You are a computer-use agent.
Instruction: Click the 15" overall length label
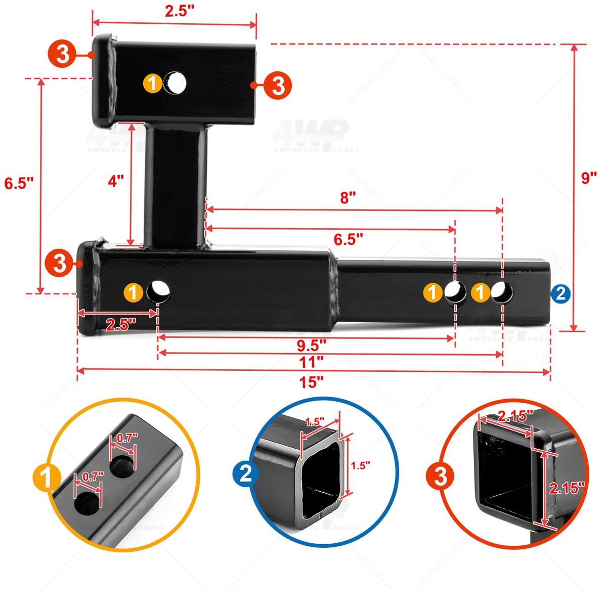[x=311, y=382]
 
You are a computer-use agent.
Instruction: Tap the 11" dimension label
[x=311, y=362]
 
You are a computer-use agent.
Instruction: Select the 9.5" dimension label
[x=311, y=346]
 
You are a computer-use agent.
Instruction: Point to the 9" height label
[x=589, y=178]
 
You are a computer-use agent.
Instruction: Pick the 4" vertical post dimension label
[x=116, y=181]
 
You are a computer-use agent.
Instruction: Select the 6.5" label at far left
[x=19, y=183]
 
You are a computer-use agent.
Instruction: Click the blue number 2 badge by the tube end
[x=560, y=293]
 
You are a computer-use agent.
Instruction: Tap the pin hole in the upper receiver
[x=175, y=82]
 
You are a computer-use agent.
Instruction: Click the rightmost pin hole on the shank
[x=502, y=292]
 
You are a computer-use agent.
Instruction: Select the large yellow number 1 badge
[x=47, y=478]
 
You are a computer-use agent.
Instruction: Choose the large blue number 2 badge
[x=245, y=474]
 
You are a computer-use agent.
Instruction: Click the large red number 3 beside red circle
[x=440, y=476]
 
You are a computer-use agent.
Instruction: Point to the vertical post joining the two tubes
[x=176, y=185]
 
